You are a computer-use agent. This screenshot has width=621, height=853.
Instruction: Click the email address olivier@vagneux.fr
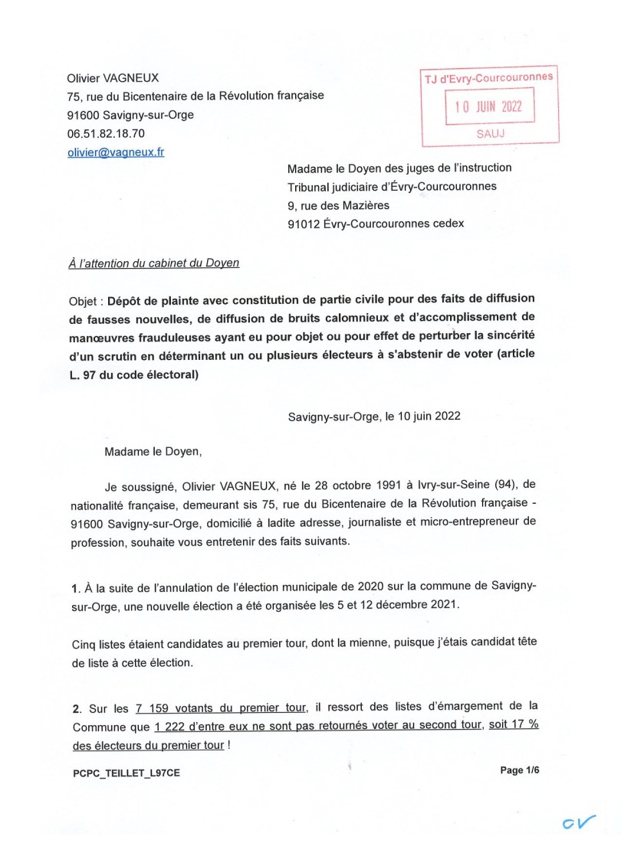click(x=115, y=152)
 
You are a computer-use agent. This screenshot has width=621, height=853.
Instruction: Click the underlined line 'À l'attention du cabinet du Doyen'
click(x=154, y=263)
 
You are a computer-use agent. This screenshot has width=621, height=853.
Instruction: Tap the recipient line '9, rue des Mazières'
click(x=338, y=204)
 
